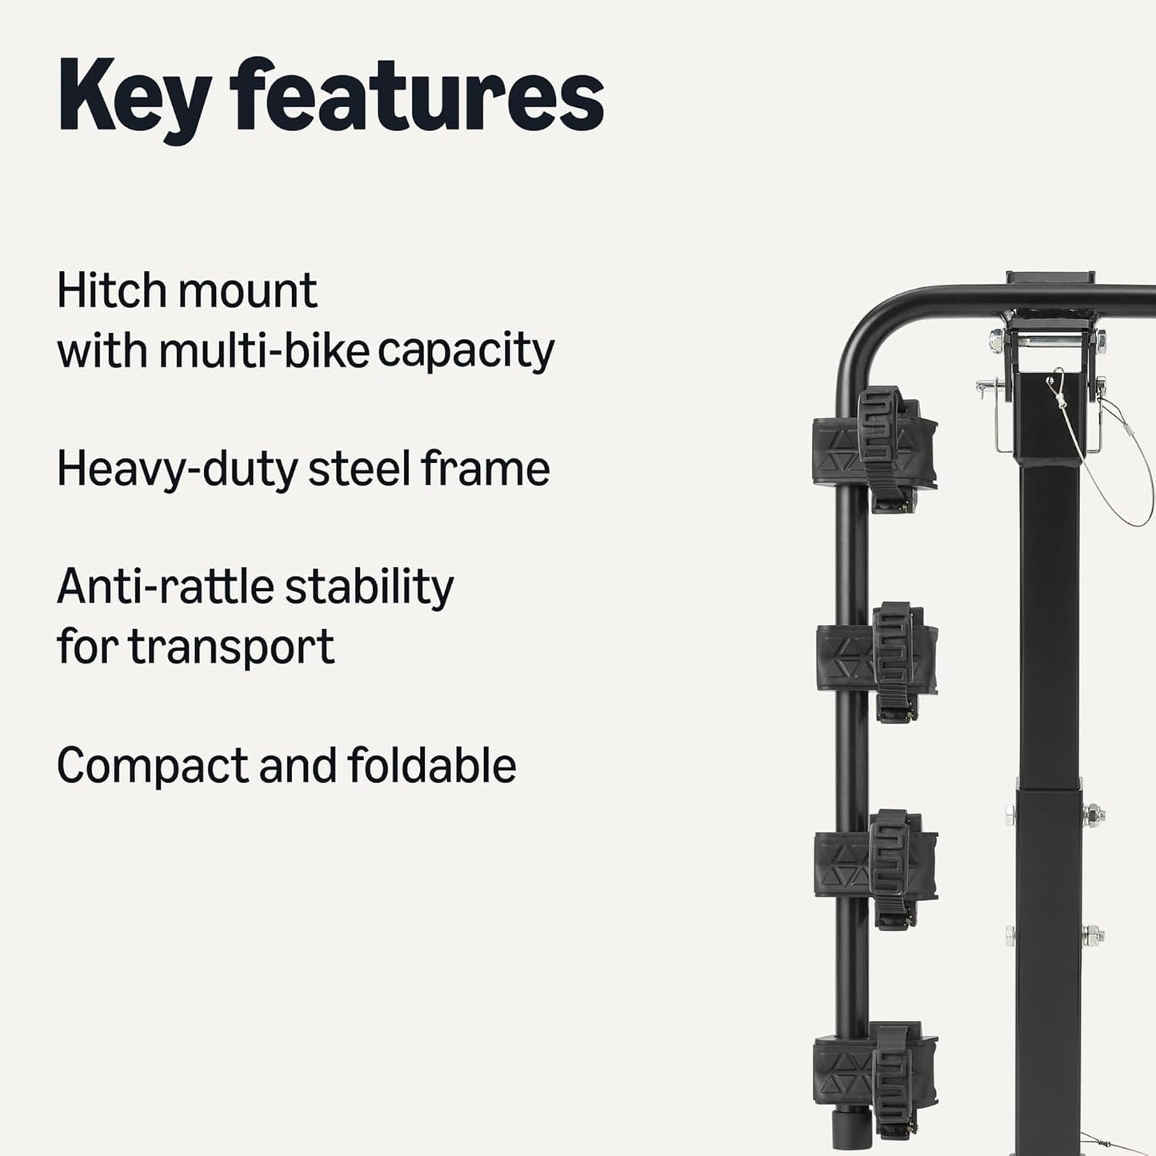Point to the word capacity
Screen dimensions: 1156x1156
[x=466, y=352]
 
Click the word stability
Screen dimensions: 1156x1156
[x=369, y=588]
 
